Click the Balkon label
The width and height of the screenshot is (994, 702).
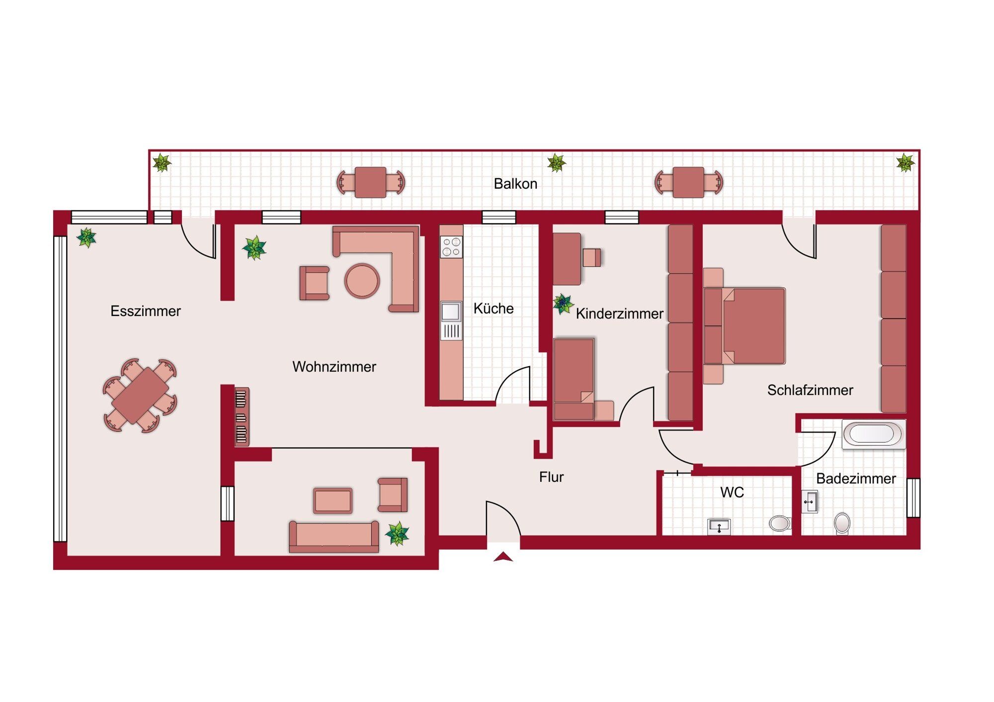pyautogui.click(x=515, y=184)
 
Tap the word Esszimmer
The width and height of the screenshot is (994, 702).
pyautogui.click(x=146, y=311)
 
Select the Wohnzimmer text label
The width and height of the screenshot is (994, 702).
pyautogui.click(x=334, y=367)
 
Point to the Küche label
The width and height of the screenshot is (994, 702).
pyautogui.click(x=494, y=308)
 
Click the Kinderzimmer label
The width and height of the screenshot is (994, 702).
pyautogui.click(x=620, y=313)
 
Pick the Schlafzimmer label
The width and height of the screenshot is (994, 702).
pyautogui.click(x=810, y=390)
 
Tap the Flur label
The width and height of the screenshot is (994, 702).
pyautogui.click(x=551, y=477)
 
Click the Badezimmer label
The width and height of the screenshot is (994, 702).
pyautogui.click(x=856, y=478)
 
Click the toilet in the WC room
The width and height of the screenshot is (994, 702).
pyautogui.click(x=779, y=523)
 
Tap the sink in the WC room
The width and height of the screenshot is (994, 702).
pyautogui.click(x=719, y=527)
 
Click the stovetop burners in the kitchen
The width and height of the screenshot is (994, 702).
pyautogui.click(x=451, y=247)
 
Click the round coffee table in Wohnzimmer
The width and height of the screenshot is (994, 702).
pyautogui.click(x=362, y=281)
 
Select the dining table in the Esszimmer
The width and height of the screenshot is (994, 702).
pyautogui.click(x=140, y=395)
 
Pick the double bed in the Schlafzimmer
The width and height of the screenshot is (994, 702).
pyautogui.click(x=744, y=326)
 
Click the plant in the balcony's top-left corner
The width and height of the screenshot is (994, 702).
pyautogui.click(x=162, y=163)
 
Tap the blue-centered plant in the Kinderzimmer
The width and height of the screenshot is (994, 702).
pyautogui.click(x=563, y=304)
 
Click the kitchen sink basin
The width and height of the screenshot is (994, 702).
pyautogui.click(x=451, y=312)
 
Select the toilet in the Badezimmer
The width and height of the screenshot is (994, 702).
pyautogui.click(x=842, y=523)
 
